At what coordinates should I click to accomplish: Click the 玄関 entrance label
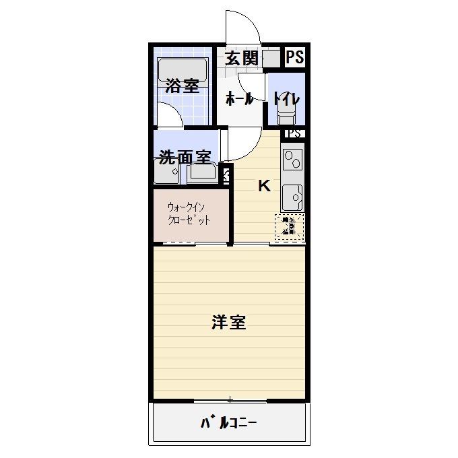[241, 58]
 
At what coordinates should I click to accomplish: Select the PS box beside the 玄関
[294, 58]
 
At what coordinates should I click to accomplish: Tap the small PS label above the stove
[294, 134]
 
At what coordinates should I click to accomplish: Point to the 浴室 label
[182, 86]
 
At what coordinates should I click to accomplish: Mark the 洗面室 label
[185, 158]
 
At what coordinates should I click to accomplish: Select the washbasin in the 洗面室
[203, 174]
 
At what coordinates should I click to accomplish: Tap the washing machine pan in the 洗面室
[166, 172]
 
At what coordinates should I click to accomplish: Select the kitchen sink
[293, 197]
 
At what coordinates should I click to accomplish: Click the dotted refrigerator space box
[289, 227]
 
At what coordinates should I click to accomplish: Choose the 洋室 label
[229, 323]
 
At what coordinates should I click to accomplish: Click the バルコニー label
[229, 424]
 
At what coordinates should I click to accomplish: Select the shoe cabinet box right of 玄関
[271, 59]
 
